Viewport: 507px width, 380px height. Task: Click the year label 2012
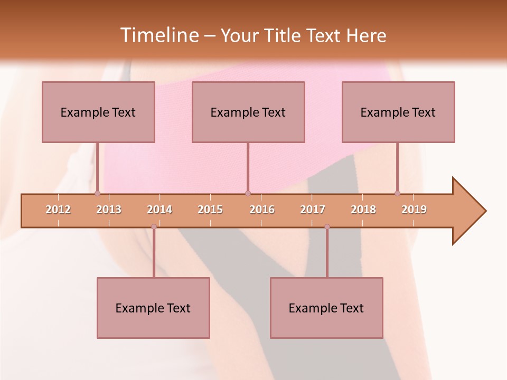coord(58,210)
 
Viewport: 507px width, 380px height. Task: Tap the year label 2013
coord(109,210)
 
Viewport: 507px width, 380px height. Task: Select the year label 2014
coord(159,210)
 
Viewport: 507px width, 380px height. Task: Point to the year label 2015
coord(210,210)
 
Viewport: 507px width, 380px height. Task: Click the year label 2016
coord(262,210)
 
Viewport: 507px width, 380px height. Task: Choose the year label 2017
coord(313,210)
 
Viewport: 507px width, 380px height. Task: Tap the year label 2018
coord(363,210)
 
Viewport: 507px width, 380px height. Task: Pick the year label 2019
coord(414,210)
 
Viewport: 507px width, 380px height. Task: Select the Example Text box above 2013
coord(98,112)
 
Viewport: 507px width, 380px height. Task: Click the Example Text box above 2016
coord(248,112)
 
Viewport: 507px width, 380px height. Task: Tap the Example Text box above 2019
coord(398,112)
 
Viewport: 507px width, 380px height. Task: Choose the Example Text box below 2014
coord(153,308)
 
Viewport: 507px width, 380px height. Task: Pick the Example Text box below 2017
coord(326,308)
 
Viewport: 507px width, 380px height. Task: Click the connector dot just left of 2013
coord(97,193)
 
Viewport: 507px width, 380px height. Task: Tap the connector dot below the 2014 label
coord(154,227)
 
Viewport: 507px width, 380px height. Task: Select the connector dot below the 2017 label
coord(327,227)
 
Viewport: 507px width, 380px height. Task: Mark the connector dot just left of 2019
coord(397,193)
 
